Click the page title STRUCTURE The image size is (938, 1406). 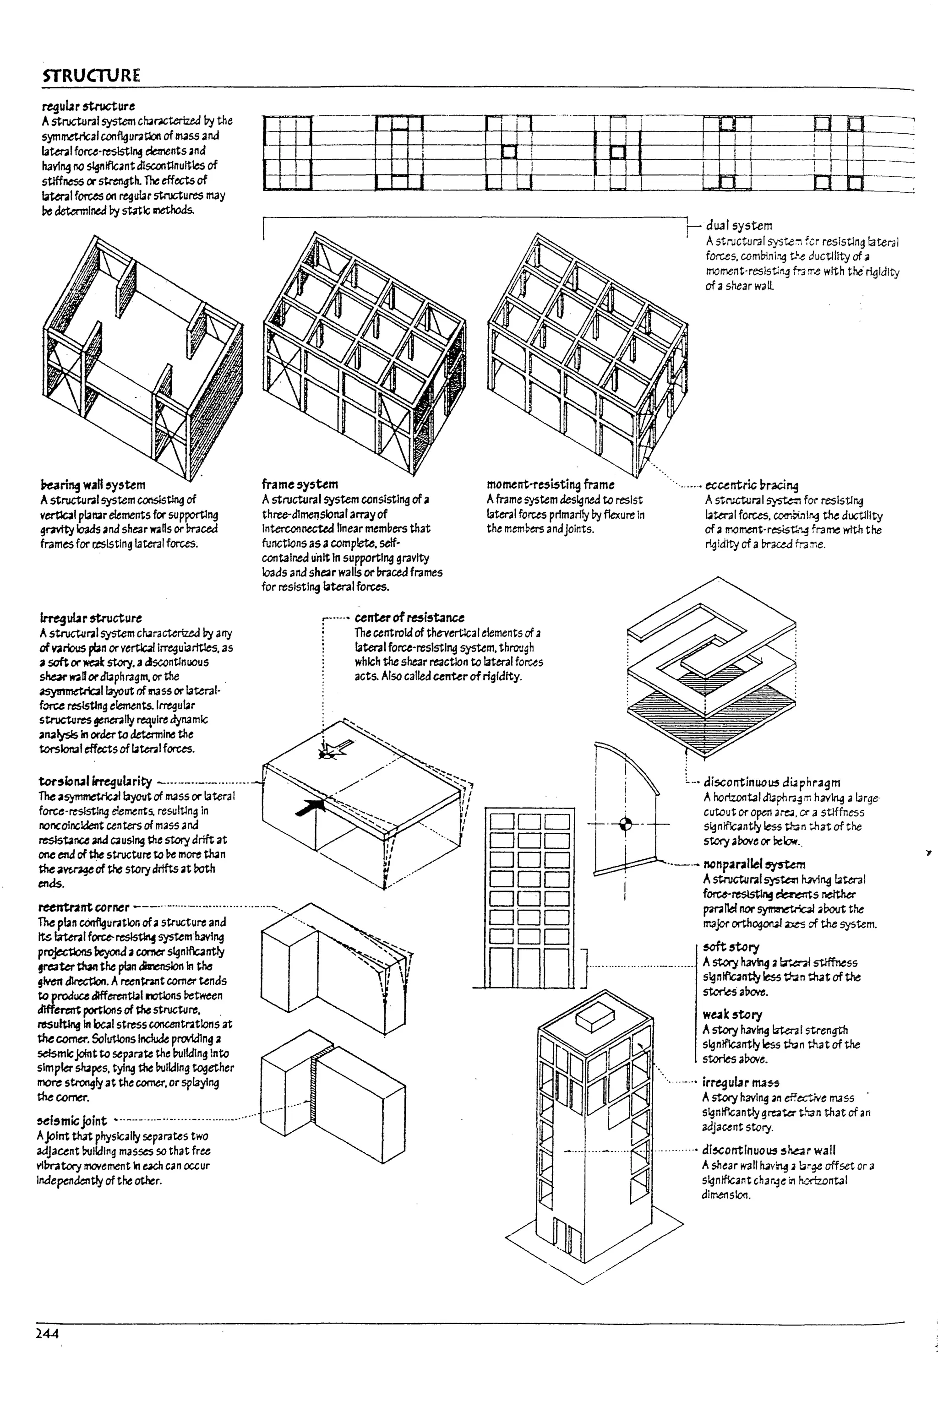coord(92,76)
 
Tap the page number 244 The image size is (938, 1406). coord(47,1332)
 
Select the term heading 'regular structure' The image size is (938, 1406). coord(88,106)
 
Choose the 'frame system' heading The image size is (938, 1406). coord(300,484)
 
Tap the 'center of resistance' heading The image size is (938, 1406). coord(409,617)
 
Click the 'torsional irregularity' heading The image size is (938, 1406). coord(95,781)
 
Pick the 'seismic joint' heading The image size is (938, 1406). coord(72,1120)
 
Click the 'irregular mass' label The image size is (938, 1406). coord(740,1082)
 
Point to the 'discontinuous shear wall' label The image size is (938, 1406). coord(768,1150)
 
